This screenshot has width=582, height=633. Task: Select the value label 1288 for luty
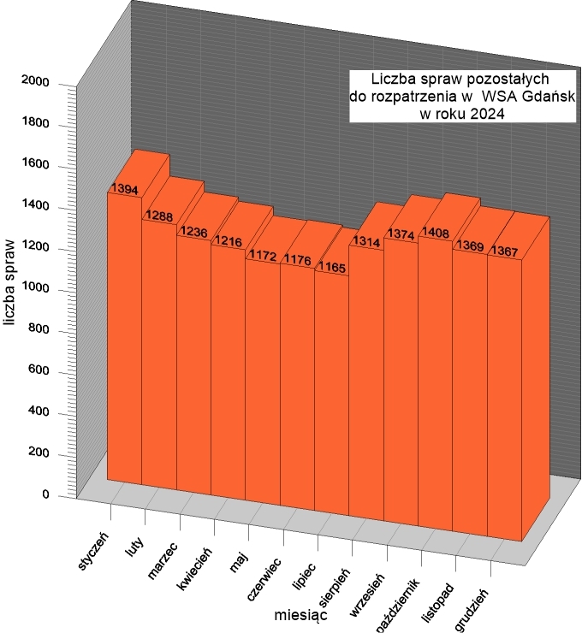(159, 216)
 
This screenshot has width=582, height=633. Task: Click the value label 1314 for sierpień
(366, 242)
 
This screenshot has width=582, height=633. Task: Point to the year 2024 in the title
(485, 112)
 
